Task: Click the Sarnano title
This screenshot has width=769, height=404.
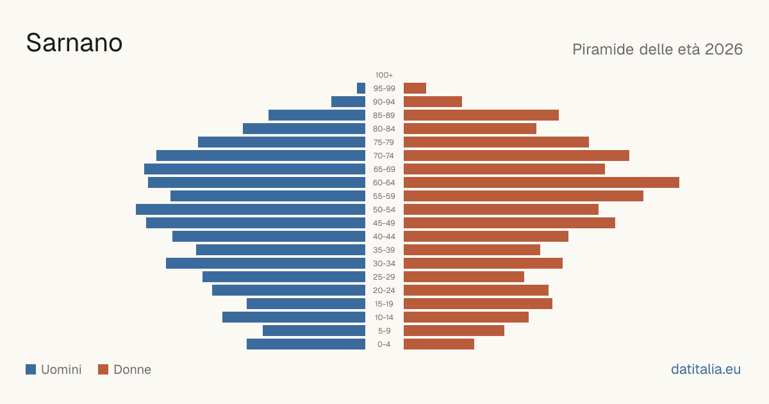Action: click(x=74, y=43)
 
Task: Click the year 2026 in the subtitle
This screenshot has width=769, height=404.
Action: click(x=724, y=49)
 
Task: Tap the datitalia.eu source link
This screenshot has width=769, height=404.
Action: click(x=706, y=369)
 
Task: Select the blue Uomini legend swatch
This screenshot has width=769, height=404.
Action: click(x=31, y=369)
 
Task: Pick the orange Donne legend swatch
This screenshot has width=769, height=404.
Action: click(x=103, y=369)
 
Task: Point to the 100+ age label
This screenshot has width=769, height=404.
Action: click(x=384, y=75)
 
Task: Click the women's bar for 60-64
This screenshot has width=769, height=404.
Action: click(x=542, y=182)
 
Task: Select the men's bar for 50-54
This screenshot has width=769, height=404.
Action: click(x=251, y=210)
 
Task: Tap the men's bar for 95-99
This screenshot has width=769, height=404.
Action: click(x=361, y=88)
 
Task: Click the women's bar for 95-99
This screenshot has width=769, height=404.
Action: click(x=415, y=88)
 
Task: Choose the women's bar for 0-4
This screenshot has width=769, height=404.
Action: click(x=439, y=344)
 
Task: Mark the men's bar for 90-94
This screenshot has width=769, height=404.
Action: click(x=348, y=102)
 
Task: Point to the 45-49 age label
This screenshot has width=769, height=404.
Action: click(x=384, y=223)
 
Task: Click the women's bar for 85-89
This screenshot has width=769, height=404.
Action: click(x=481, y=115)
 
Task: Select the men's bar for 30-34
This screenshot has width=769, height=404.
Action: click(x=266, y=264)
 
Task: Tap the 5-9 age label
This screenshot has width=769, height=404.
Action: click(x=384, y=331)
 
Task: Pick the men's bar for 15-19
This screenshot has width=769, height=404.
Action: click(x=306, y=304)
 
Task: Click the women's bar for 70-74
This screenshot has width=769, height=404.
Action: click(x=517, y=156)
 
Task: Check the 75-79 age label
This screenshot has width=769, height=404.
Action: click(x=384, y=142)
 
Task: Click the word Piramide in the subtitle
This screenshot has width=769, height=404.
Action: click(x=603, y=49)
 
